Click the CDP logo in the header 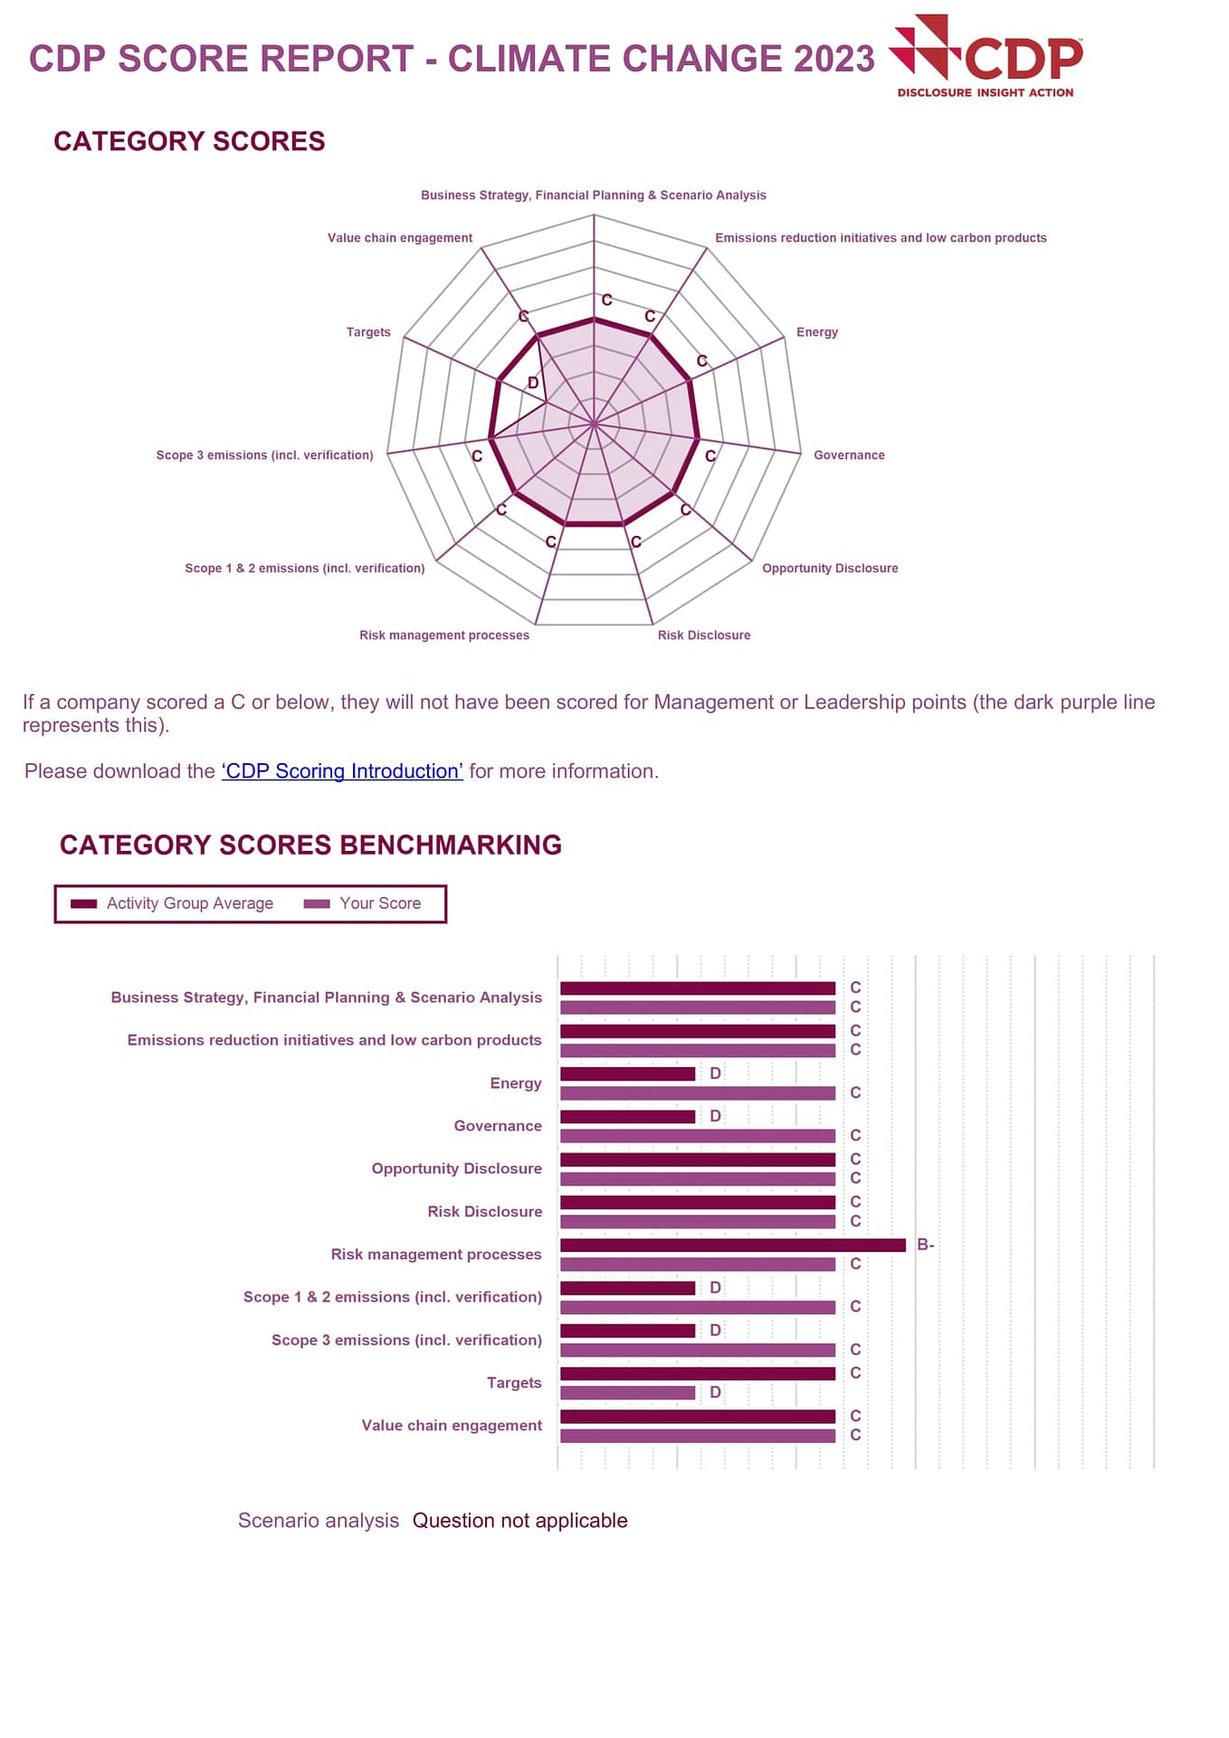click(x=986, y=56)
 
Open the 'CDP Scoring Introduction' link click(x=342, y=771)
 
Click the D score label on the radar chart click(x=533, y=383)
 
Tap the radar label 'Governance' click(x=849, y=455)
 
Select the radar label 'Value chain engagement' click(x=399, y=238)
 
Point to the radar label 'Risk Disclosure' click(x=703, y=635)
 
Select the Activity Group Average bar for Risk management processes click(x=732, y=1246)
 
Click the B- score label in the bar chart click(x=925, y=1245)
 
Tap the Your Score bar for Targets click(x=627, y=1393)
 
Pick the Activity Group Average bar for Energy click(x=627, y=1074)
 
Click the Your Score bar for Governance click(x=697, y=1136)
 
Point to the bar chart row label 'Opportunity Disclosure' click(x=456, y=1169)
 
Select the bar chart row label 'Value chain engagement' click(x=452, y=1426)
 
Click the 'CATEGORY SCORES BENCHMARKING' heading click(x=310, y=845)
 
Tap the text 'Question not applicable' click(x=519, y=1521)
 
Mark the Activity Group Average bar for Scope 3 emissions click(x=627, y=1331)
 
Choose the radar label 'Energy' click(x=816, y=332)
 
